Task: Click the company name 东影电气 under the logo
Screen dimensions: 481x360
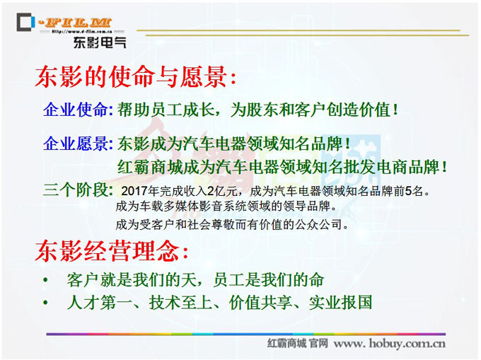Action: point(100,42)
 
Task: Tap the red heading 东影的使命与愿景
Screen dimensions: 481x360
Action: point(135,76)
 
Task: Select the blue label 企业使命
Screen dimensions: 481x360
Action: point(76,110)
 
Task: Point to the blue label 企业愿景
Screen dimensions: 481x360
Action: point(76,143)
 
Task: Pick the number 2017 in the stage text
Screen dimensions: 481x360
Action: point(134,191)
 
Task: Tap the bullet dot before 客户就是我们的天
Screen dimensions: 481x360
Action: point(45,279)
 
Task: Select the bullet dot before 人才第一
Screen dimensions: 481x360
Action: point(45,302)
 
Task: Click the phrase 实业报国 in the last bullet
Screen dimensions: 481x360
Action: point(340,302)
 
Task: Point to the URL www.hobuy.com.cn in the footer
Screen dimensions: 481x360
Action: point(390,343)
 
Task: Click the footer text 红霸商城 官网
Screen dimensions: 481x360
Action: point(298,343)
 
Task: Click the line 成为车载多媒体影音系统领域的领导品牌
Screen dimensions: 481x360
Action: point(227,207)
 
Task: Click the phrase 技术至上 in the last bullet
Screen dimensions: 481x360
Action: point(181,302)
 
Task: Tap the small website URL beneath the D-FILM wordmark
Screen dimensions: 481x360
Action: point(81,31)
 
